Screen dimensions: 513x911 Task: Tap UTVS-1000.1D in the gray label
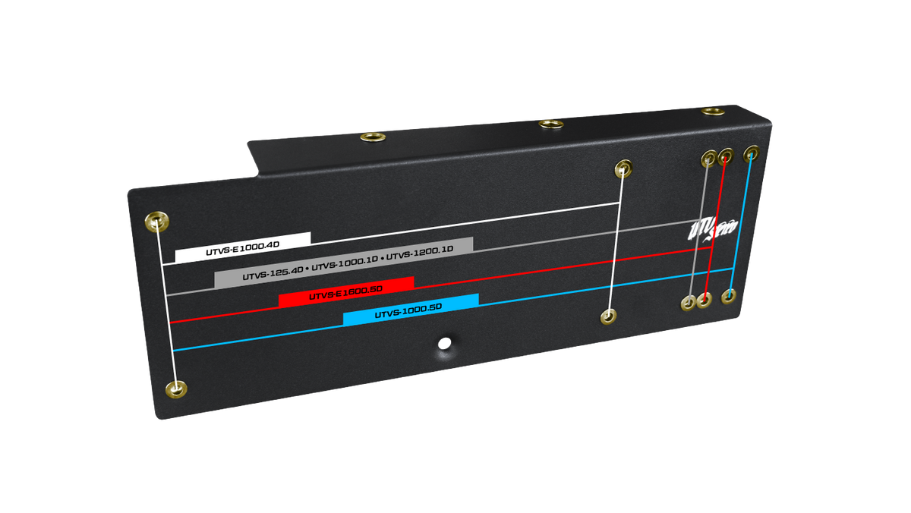click(345, 263)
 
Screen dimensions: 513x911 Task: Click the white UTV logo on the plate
click(710, 230)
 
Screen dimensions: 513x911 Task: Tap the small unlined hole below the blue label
click(445, 342)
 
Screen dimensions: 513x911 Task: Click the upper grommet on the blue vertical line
click(751, 153)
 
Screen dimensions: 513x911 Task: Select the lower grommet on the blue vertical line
click(728, 296)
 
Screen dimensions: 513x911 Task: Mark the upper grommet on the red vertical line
click(726, 156)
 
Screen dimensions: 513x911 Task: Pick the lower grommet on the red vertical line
click(704, 301)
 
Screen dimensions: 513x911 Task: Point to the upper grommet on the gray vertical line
click(709, 159)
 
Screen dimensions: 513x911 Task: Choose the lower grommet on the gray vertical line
click(689, 303)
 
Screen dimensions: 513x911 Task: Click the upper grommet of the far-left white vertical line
click(157, 222)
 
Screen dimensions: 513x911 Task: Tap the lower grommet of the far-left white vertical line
click(177, 390)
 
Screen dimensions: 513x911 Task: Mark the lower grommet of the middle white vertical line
click(608, 316)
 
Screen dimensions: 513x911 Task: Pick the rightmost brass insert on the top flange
click(711, 111)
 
